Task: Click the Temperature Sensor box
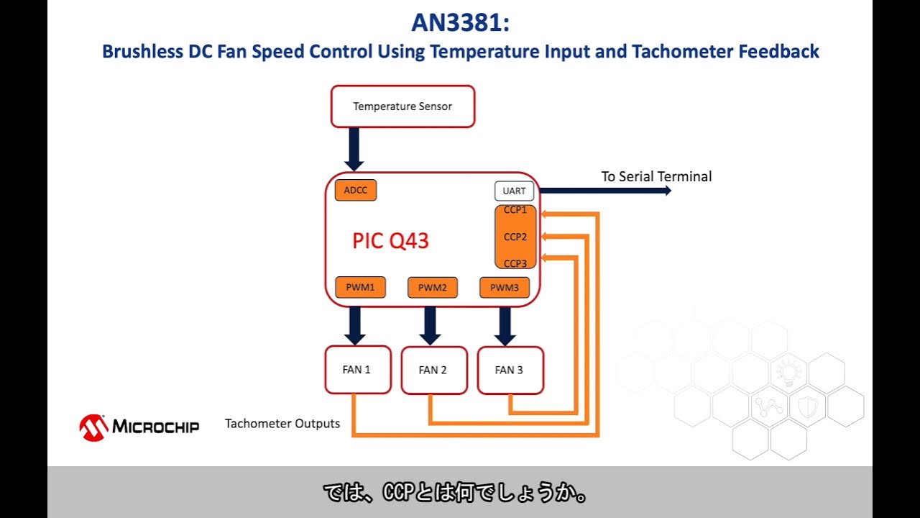click(402, 106)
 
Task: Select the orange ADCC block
click(355, 191)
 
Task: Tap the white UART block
click(514, 191)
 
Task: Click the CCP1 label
click(515, 210)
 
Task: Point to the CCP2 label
click(515, 237)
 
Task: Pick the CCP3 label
click(515, 263)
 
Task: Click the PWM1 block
click(360, 288)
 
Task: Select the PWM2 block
click(432, 288)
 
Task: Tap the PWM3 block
click(504, 288)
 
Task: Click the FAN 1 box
click(357, 370)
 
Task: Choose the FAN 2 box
click(433, 370)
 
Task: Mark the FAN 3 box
click(510, 370)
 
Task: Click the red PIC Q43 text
click(390, 241)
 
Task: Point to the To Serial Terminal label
click(656, 176)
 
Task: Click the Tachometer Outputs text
click(282, 423)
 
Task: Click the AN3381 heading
click(460, 22)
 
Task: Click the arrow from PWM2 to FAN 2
click(430, 325)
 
